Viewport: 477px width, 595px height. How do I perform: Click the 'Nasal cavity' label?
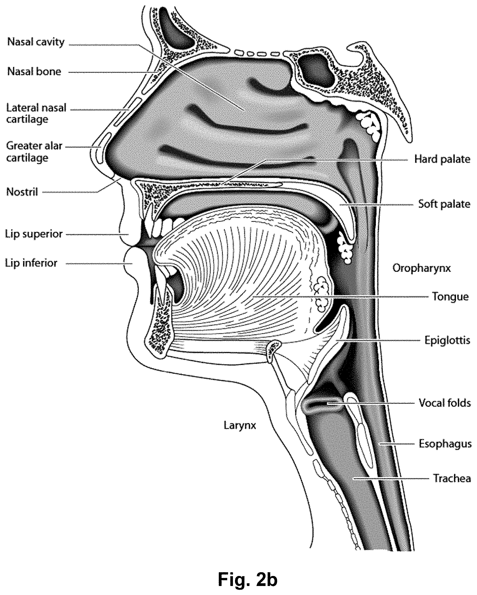point(36,42)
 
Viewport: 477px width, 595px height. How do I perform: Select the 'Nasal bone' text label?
point(34,72)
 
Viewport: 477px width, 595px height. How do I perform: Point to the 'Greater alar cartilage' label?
point(35,152)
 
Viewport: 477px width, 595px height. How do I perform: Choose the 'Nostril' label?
point(22,192)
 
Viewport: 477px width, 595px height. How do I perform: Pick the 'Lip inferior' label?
point(31,263)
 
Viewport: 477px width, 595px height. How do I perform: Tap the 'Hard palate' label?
point(442,159)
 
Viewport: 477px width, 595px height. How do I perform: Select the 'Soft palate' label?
point(444,204)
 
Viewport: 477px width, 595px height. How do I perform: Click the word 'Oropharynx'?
point(421,268)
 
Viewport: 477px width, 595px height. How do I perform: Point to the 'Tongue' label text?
point(450,297)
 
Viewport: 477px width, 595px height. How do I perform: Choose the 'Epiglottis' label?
point(447,340)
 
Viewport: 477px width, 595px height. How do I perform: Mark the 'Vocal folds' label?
point(445,403)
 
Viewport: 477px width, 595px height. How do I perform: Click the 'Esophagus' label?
point(445,444)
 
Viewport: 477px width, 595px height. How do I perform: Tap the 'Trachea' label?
point(452,478)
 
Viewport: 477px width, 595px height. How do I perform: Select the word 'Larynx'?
point(240,426)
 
